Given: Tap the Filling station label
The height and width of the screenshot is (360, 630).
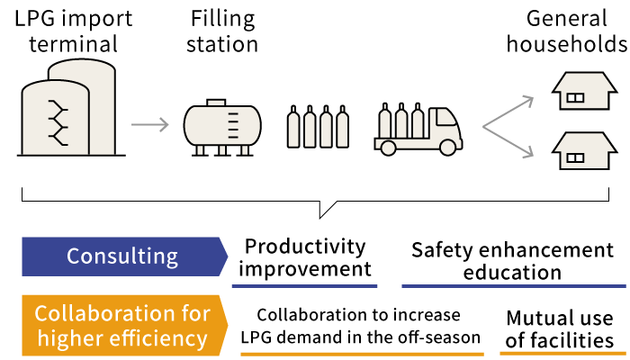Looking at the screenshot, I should [222, 31].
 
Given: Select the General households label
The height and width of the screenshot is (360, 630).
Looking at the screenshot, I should [566, 31].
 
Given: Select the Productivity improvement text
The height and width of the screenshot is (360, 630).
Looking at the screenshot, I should [306, 257].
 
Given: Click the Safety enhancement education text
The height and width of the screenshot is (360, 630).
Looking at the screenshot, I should [512, 260].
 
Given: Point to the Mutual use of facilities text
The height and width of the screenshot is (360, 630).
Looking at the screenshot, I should [560, 329].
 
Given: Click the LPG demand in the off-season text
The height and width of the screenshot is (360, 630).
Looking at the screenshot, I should [360, 337].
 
